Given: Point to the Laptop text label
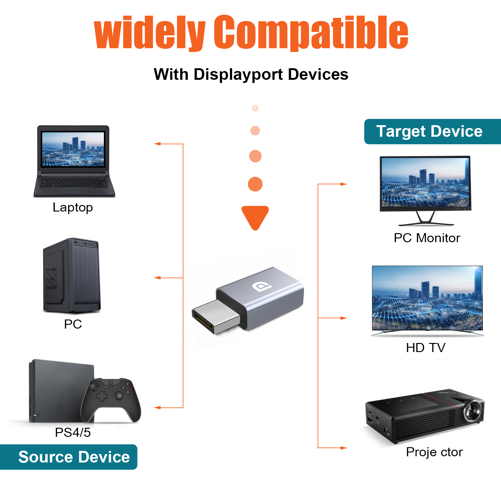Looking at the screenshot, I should pyautogui.click(x=73, y=207).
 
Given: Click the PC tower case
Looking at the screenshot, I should pyautogui.click(x=72, y=276).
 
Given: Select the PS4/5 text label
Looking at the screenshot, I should pyautogui.click(x=73, y=432).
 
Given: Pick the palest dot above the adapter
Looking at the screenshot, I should pyautogui.click(x=255, y=108).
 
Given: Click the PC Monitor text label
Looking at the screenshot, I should pyautogui.click(x=427, y=238).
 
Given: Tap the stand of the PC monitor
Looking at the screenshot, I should pyautogui.click(x=426, y=219).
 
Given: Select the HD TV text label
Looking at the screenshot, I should pyautogui.click(x=426, y=348).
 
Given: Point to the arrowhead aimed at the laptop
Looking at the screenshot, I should pyautogui.click(x=157, y=144).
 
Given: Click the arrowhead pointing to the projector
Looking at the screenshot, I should pyautogui.click(x=344, y=448).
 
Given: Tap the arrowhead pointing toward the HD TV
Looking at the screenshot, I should pyautogui.click(x=344, y=318).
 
